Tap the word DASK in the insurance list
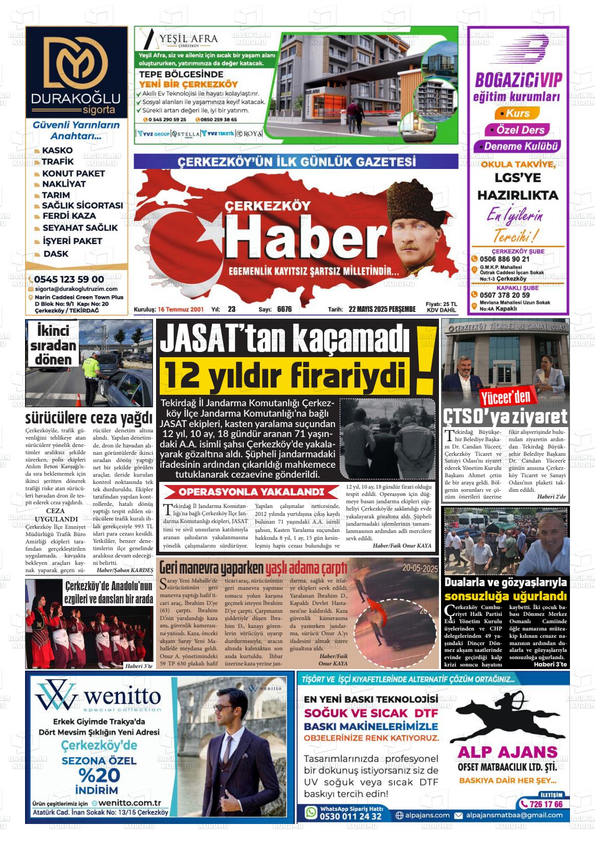(x=55, y=254)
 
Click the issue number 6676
(x=284, y=309)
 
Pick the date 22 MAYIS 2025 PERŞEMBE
(x=382, y=309)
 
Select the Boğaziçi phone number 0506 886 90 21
(x=505, y=259)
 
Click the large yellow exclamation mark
(x=425, y=360)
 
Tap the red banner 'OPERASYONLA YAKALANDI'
(x=251, y=492)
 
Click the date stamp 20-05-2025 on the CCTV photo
(x=420, y=568)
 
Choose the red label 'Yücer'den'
(x=505, y=397)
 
